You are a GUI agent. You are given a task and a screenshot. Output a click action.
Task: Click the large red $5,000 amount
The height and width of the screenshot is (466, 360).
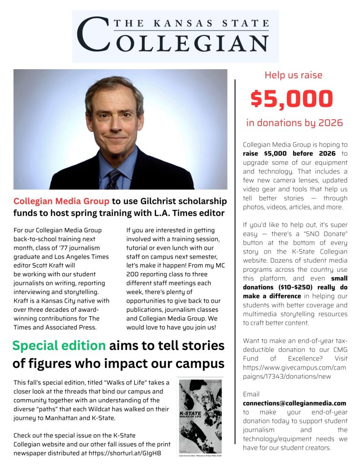(292, 99)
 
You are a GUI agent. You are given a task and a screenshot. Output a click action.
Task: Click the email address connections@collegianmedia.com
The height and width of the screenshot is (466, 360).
(294, 403)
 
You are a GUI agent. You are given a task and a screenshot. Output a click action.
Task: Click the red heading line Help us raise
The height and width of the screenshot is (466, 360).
(294, 75)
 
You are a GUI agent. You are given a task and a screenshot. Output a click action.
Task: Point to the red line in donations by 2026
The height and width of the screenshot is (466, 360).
(294, 123)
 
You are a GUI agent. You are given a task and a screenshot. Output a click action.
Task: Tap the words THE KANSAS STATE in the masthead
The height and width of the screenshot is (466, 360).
(191, 23)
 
